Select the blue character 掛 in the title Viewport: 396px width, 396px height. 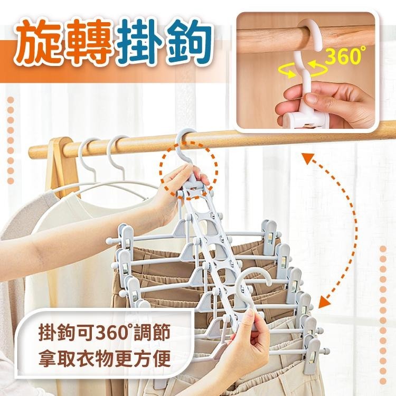click(x=138, y=42)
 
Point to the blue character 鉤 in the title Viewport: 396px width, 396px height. click(x=187, y=42)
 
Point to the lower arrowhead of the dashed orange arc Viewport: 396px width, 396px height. click(x=325, y=301)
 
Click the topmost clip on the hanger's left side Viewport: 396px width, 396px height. click(x=126, y=238)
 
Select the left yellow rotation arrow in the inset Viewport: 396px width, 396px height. click(x=287, y=71)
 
